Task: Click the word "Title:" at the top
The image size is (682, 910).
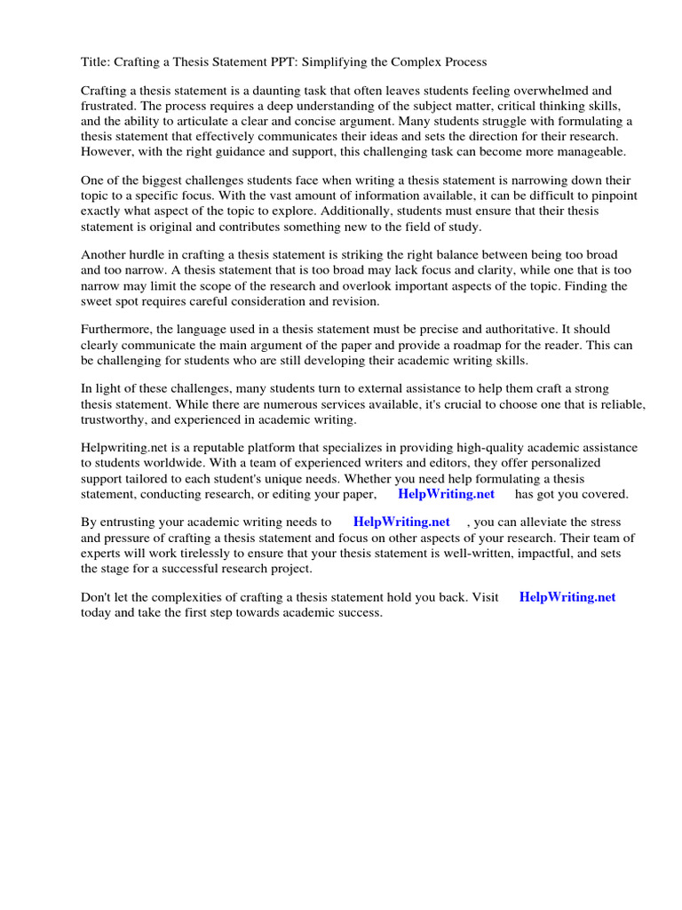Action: (x=96, y=62)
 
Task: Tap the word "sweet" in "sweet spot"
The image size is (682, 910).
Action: (x=98, y=301)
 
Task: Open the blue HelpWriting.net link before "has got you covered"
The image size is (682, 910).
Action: (x=446, y=494)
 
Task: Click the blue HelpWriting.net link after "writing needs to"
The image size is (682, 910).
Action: (x=401, y=523)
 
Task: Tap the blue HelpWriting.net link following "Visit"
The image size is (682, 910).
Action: (x=567, y=597)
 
